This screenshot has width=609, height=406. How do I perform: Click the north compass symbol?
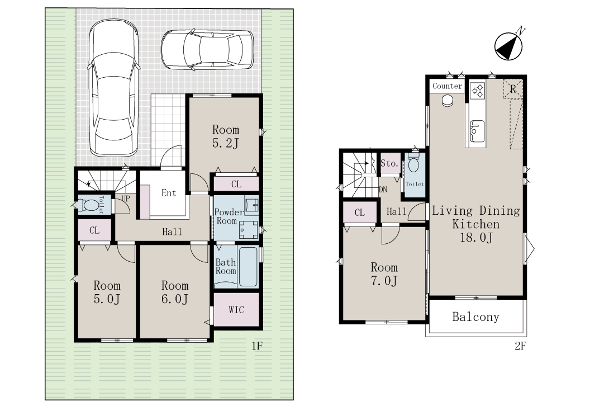click(x=508, y=46)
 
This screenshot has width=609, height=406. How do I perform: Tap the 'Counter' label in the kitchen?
click(x=447, y=86)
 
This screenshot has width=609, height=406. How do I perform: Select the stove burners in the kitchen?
click(x=478, y=90)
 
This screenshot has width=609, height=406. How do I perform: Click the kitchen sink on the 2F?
click(x=477, y=131)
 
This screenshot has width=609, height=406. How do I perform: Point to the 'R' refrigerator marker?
click(x=513, y=89)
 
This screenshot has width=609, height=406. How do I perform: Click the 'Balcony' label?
click(x=476, y=317)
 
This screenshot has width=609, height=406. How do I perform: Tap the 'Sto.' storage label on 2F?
click(x=389, y=163)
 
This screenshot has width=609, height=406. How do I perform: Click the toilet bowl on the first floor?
click(x=88, y=205)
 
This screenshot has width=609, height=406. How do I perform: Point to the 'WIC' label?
click(x=236, y=310)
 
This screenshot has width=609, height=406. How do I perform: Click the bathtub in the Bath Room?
click(x=248, y=266)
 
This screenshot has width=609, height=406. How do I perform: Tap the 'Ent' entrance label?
click(x=169, y=193)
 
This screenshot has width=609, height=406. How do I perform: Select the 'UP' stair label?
click(x=126, y=199)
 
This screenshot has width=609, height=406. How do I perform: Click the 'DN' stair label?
click(x=383, y=190)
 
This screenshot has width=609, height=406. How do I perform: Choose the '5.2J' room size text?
click(x=226, y=143)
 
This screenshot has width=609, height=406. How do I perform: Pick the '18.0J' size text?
click(x=476, y=237)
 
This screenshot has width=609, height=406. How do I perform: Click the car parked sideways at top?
click(x=207, y=50)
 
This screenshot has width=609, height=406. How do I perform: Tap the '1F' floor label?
click(x=257, y=346)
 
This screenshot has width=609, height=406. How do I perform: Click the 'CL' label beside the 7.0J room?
click(x=360, y=213)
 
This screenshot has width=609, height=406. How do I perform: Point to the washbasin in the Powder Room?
click(x=251, y=204)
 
